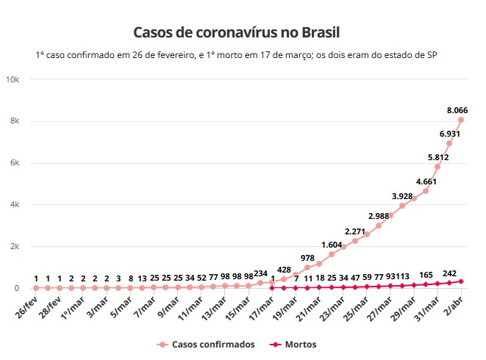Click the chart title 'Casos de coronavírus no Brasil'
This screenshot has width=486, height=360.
(x=237, y=33)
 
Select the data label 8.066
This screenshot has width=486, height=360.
(x=460, y=109)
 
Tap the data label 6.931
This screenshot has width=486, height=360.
(x=451, y=134)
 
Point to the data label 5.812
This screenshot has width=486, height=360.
(x=438, y=157)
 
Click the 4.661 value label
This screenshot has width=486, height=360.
(x=426, y=181)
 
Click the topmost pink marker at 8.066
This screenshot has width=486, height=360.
(x=461, y=120)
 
